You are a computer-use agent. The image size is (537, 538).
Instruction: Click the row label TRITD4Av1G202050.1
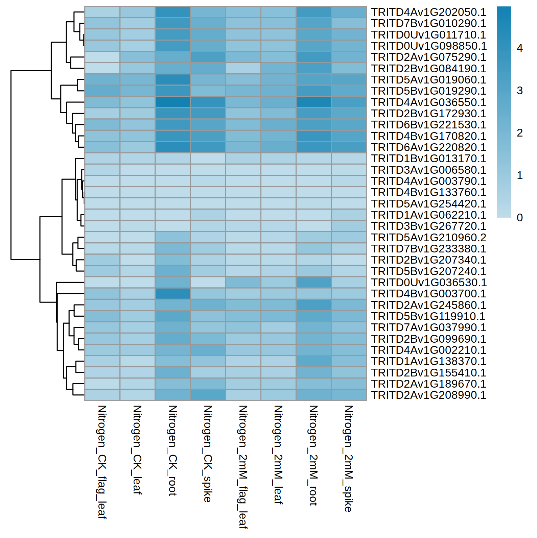(x=428, y=12)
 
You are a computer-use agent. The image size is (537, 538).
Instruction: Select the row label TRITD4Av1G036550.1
(x=428, y=102)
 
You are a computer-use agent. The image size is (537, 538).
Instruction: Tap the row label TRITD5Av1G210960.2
(x=428, y=238)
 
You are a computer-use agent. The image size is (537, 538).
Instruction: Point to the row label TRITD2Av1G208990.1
(x=428, y=395)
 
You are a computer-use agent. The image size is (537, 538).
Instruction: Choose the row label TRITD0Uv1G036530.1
(x=428, y=283)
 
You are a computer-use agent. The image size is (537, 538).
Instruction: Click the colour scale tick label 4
(x=520, y=48)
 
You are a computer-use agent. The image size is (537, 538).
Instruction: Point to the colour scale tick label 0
(x=520, y=218)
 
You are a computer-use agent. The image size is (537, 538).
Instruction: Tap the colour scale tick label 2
(x=520, y=133)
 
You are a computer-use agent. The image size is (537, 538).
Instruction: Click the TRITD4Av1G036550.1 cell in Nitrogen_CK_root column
(x=172, y=102)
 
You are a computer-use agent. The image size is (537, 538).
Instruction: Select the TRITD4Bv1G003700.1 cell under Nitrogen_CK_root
(x=172, y=294)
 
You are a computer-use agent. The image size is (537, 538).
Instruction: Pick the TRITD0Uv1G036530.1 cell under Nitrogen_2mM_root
(x=313, y=283)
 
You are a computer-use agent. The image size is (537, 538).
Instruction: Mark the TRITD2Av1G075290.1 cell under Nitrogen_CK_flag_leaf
(x=102, y=57)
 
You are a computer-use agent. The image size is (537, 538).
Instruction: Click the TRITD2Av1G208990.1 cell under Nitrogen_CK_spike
(x=208, y=395)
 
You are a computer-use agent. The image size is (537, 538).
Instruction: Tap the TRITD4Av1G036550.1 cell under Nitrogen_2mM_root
(x=313, y=102)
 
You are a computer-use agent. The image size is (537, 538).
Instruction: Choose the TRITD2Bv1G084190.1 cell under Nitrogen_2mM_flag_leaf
(x=243, y=69)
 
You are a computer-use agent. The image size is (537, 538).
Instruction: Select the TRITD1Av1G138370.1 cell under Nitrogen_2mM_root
(x=313, y=361)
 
